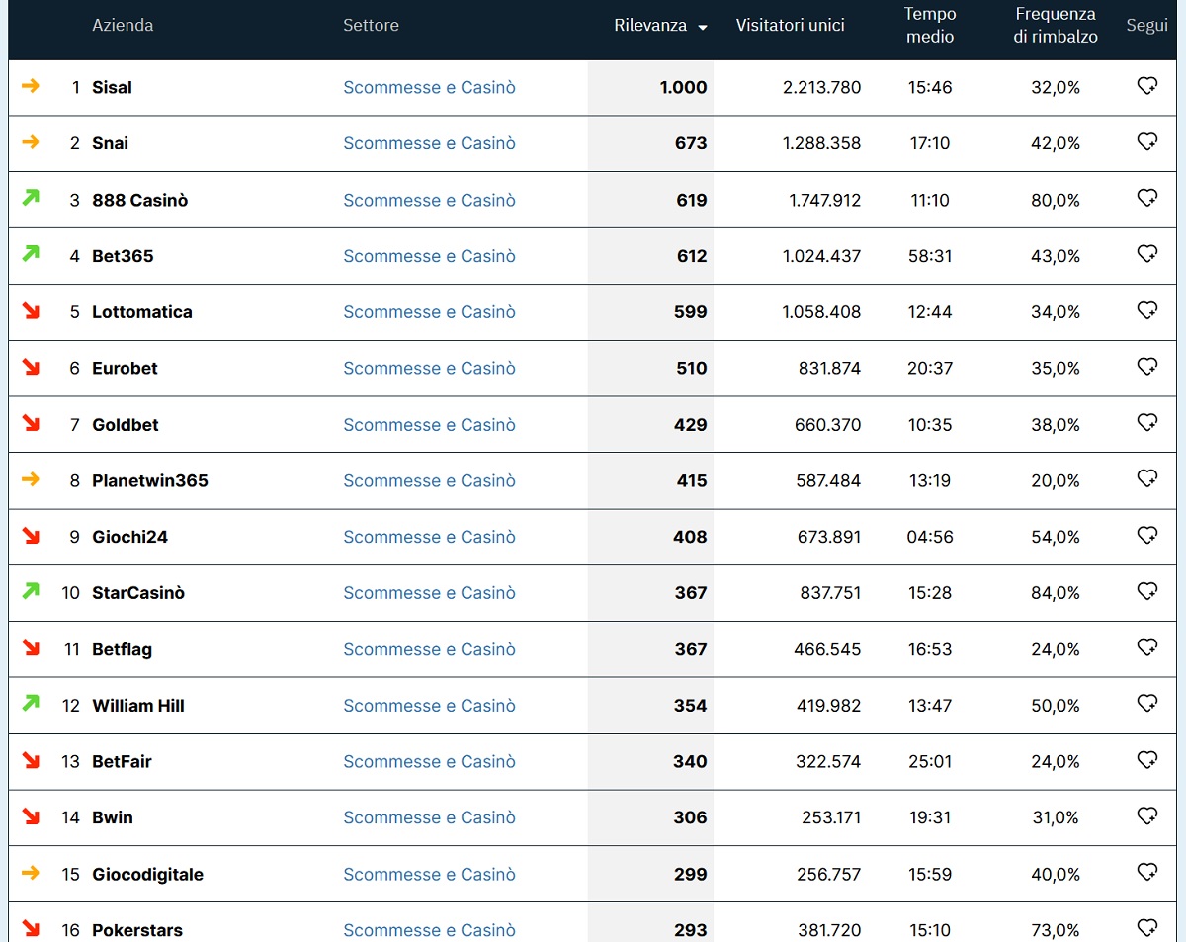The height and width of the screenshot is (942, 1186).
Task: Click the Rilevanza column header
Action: pyautogui.click(x=650, y=26)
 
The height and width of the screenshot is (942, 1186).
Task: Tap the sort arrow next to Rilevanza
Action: pyautogui.click(x=702, y=28)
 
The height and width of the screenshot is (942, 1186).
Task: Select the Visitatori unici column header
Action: pyautogui.click(x=790, y=26)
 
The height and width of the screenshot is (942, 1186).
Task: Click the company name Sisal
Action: pyautogui.click(x=112, y=87)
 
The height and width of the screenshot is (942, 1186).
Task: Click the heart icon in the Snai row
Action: pyautogui.click(x=1146, y=141)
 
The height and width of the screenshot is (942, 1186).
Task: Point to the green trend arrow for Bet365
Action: pyautogui.click(x=31, y=254)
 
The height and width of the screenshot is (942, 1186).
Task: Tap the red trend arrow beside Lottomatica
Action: pyautogui.click(x=31, y=311)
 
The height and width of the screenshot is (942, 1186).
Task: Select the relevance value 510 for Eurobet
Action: pyautogui.click(x=691, y=368)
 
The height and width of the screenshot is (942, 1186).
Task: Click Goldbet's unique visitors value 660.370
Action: pyautogui.click(x=827, y=424)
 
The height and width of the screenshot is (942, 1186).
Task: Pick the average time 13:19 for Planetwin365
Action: pyautogui.click(x=930, y=480)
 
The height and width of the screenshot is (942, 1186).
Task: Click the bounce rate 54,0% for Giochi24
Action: pyautogui.click(x=1055, y=537)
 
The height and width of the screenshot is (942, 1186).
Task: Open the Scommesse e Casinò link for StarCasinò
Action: pyautogui.click(x=429, y=592)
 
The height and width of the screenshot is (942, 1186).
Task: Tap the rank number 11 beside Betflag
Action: pyautogui.click(x=71, y=649)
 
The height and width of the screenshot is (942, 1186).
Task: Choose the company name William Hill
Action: pyautogui.click(x=138, y=706)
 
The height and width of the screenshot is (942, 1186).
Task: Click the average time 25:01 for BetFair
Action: pyautogui.click(x=930, y=761)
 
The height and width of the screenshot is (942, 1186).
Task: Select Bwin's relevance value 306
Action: pyautogui.click(x=690, y=816)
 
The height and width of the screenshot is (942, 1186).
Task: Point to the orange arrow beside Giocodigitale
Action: pyautogui.click(x=31, y=873)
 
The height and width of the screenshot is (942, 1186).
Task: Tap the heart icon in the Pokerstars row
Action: pyautogui.click(x=1146, y=928)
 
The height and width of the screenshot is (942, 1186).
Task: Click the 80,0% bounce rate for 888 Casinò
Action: pyautogui.click(x=1055, y=200)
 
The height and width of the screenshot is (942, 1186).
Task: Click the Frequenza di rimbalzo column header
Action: pyautogui.click(x=1055, y=26)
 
